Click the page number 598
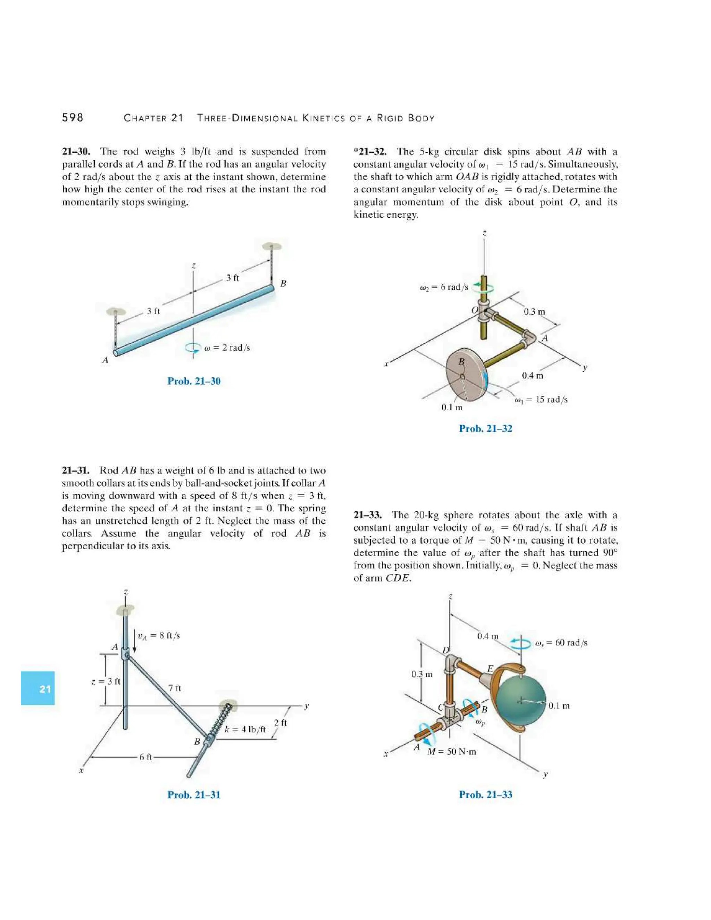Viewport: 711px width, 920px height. click(73, 118)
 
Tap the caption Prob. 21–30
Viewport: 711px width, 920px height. click(194, 381)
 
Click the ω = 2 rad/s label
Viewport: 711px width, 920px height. click(227, 348)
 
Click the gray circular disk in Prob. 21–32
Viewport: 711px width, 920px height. click(466, 375)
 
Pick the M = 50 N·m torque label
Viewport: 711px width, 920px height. click(452, 752)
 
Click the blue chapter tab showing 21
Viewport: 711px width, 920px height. click(38, 688)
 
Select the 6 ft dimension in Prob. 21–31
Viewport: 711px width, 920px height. click(146, 757)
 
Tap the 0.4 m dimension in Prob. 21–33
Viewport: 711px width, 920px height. click(488, 636)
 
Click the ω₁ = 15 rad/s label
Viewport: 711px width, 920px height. click(541, 399)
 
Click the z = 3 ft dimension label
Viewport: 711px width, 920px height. click(106, 681)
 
